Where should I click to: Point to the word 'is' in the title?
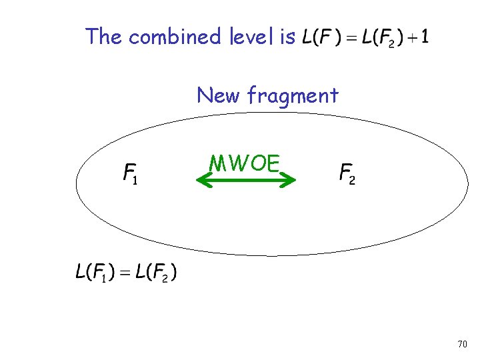(x=288, y=36)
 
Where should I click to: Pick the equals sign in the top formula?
(x=351, y=37)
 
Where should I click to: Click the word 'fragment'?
(x=293, y=97)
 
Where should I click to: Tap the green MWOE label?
(x=244, y=163)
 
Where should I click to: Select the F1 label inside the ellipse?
(x=131, y=175)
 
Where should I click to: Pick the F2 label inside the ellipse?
(x=347, y=174)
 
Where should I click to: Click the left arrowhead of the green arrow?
(x=203, y=179)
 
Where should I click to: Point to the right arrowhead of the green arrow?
(x=289, y=179)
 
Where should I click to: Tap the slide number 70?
(x=463, y=345)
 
